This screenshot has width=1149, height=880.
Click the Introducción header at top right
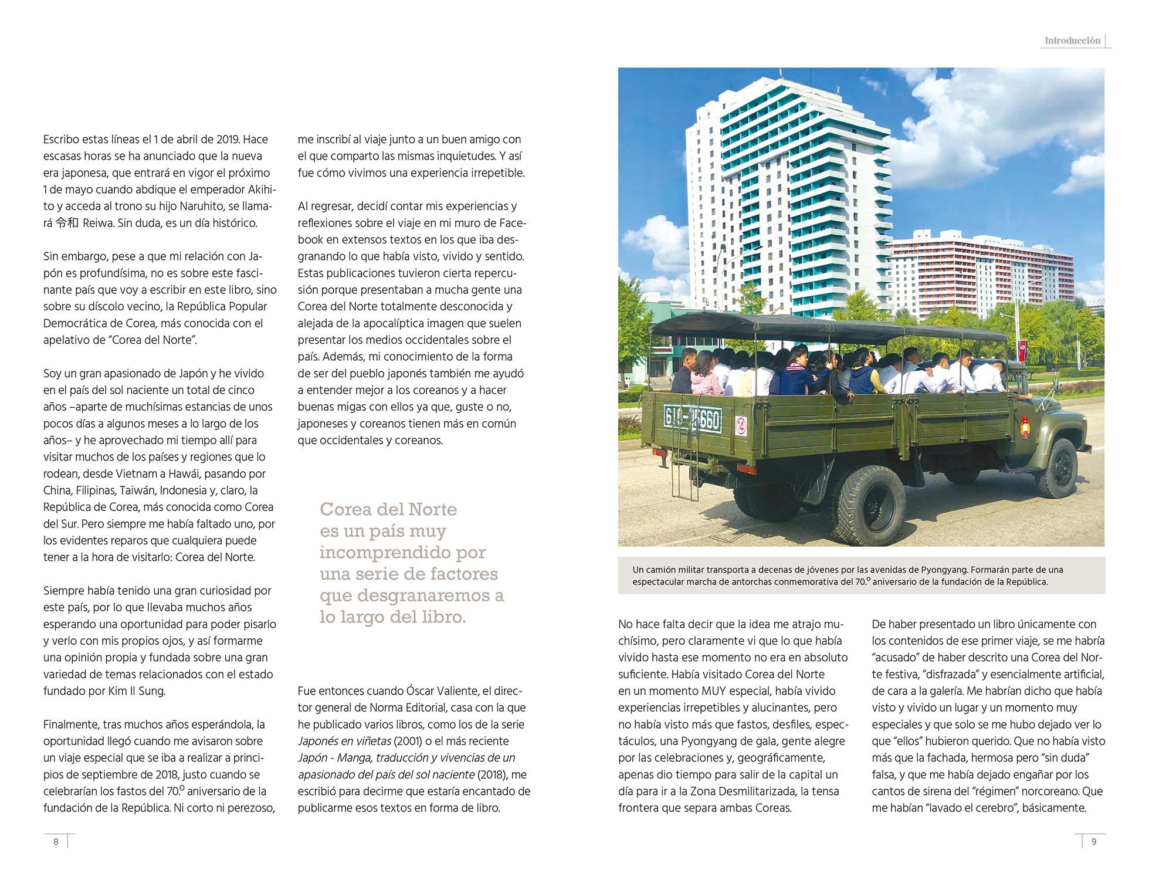click(1072, 40)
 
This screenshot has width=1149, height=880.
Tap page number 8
click(56, 841)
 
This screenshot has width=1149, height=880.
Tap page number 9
click(1093, 841)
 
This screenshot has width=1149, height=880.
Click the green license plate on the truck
click(692, 419)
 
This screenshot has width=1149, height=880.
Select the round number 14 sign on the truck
click(741, 425)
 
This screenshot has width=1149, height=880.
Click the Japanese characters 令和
click(67, 223)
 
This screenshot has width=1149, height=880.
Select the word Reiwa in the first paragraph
click(98, 223)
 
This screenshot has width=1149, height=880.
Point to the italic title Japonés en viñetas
click(344, 741)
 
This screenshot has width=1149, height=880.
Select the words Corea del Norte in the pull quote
click(388, 509)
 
